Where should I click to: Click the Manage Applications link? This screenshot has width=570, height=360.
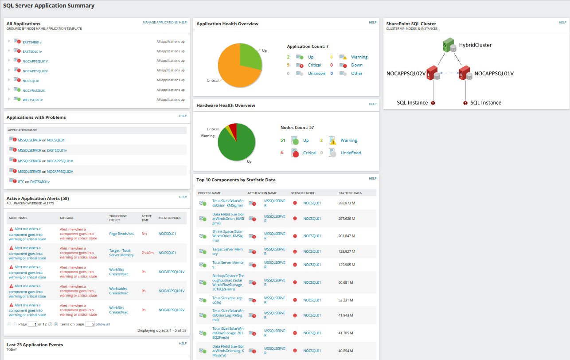point(160,22)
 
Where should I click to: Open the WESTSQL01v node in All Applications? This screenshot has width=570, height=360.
point(32,100)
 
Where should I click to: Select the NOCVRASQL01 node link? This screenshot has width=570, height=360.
point(34,90)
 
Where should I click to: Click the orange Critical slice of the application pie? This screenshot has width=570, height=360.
point(235,71)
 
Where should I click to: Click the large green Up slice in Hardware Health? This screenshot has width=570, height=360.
point(237,146)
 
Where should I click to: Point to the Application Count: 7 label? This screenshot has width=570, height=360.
point(308,47)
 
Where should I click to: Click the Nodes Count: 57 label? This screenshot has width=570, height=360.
point(297,128)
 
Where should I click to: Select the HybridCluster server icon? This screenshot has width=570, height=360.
point(449,45)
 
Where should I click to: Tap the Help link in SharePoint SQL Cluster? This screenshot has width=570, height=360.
point(562,22)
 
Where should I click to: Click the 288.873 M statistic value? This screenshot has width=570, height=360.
point(347,203)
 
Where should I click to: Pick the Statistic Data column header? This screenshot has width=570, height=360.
point(350,193)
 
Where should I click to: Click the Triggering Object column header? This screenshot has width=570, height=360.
point(118,218)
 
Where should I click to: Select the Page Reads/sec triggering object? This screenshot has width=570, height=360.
point(121,234)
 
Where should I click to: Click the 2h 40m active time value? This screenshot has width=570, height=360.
point(148,253)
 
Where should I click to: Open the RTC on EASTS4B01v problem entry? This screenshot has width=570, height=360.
point(34,182)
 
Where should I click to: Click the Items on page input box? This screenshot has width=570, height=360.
point(90,324)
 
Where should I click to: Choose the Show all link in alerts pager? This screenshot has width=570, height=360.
point(103,324)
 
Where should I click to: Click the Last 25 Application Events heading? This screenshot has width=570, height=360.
point(35,345)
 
